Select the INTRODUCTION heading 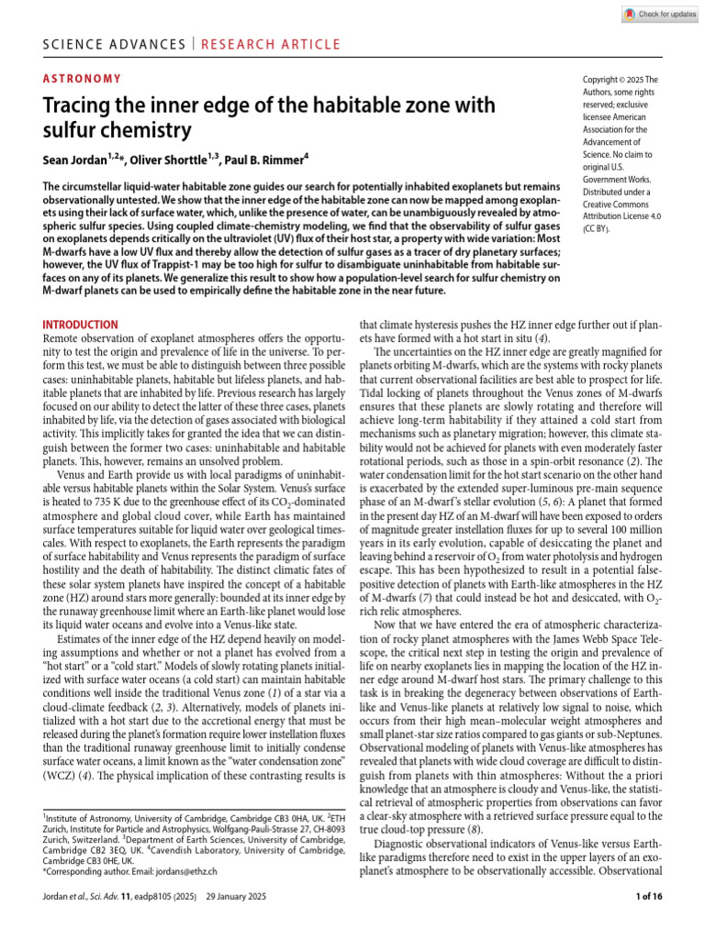[x=81, y=325]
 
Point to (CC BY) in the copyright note [x=598, y=230]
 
